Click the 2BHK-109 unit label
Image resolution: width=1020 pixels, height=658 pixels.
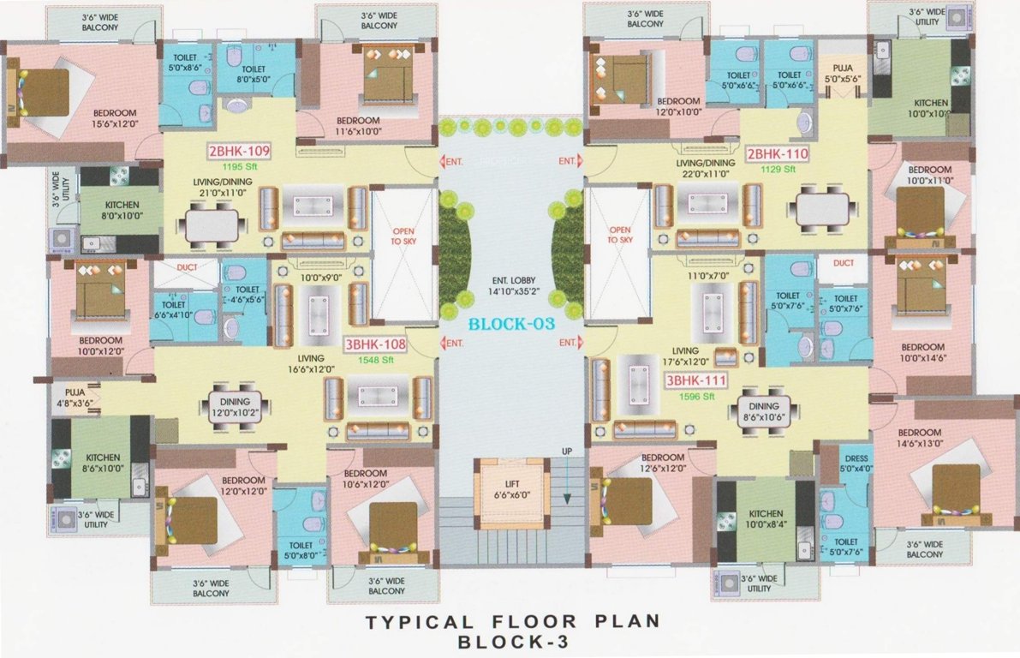pyautogui.click(x=239, y=153)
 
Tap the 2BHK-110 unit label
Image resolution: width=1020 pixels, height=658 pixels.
pyautogui.click(x=777, y=154)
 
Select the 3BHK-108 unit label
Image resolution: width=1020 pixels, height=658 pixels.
pyautogui.click(x=374, y=344)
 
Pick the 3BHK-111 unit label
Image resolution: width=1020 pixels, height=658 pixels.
pyautogui.click(x=698, y=381)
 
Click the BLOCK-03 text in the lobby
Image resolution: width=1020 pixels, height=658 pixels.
pyautogui.click(x=511, y=324)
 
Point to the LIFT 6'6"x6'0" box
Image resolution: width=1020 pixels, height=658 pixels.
pyautogui.click(x=511, y=489)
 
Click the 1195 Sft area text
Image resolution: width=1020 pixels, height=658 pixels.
pyautogui.click(x=240, y=167)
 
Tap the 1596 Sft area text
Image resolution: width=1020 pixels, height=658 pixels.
pyautogui.click(x=698, y=397)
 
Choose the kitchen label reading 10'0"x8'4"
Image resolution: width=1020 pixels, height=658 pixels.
pyautogui.click(x=765, y=519)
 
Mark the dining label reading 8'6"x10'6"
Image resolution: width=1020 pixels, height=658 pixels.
pyautogui.click(x=763, y=412)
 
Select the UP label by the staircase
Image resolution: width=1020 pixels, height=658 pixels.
pyautogui.click(x=566, y=452)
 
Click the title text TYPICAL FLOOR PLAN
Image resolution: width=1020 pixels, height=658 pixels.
pyautogui.click(x=513, y=621)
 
